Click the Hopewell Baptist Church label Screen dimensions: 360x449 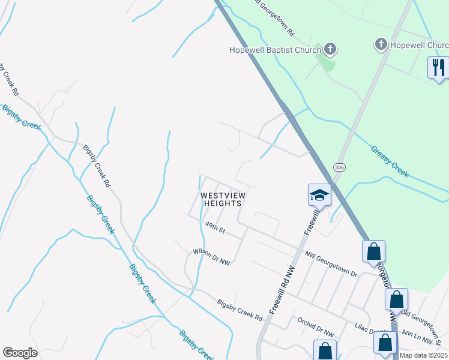click(x=276, y=50)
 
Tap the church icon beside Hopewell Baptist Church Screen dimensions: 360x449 click(x=330, y=49)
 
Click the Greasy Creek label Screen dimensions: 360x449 click(x=389, y=161)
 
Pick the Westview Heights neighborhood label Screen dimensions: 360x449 click(x=224, y=199)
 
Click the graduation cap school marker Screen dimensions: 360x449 click(x=319, y=195)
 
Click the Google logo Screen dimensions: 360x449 click(x=20, y=352)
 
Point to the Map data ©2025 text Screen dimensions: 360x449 click(x=423, y=355)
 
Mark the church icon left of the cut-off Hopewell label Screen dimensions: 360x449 click(x=381, y=44)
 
